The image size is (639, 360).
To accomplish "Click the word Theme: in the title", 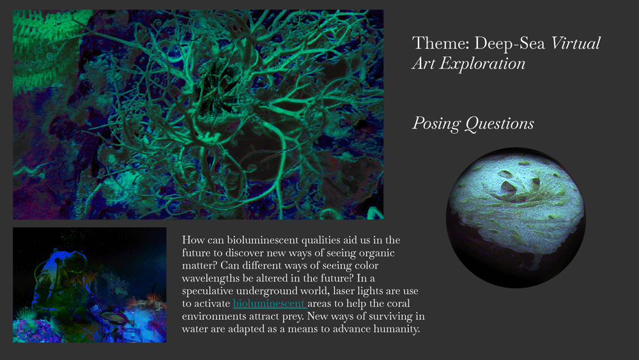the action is [440, 43].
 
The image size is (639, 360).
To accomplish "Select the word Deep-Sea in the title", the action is [509, 43].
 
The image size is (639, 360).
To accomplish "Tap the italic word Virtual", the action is [576, 43].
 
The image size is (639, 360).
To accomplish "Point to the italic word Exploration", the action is [482, 63].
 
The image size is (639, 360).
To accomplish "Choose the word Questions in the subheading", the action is [500, 123].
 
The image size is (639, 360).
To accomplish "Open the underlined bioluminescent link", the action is [269, 303].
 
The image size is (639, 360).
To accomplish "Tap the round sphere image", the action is [516, 217].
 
